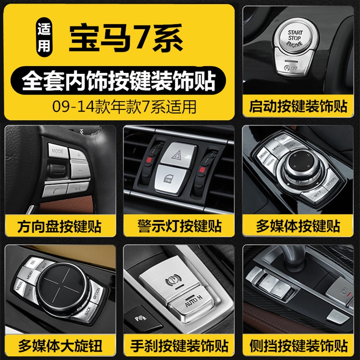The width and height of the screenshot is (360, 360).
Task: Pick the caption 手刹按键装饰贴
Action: (180, 346)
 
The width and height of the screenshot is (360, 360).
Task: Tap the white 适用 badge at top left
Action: (44, 40)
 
